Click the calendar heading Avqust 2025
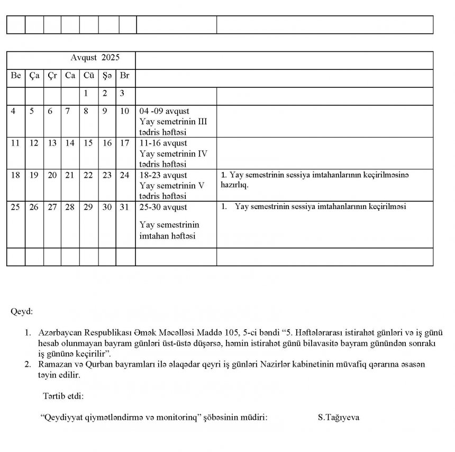pyautogui.click(x=95, y=57)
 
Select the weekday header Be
pyautogui.click(x=16, y=76)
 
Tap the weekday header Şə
pyautogui.click(x=107, y=76)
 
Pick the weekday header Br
pyautogui.click(x=125, y=76)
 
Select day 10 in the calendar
pyautogui.click(x=125, y=111)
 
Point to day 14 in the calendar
pyautogui.click(x=70, y=143)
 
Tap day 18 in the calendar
pyautogui.click(x=15, y=175)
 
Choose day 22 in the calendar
pyautogui.click(x=88, y=175)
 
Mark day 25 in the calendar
pyautogui.click(x=15, y=207)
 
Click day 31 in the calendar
pyautogui.click(x=125, y=207)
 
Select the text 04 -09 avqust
pyautogui.click(x=164, y=112)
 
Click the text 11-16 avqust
pyautogui.click(x=163, y=143)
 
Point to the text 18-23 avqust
pyautogui.click(x=163, y=175)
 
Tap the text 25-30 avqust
pyautogui.click(x=163, y=207)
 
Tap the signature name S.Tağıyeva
pyautogui.click(x=339, y=418)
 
